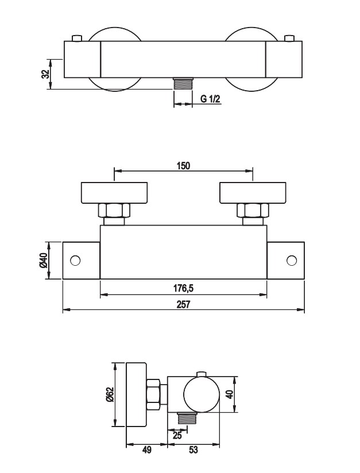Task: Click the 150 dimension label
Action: tap(184, 166)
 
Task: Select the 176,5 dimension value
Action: tap(183, 288)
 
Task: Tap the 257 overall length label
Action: tap(184, 304)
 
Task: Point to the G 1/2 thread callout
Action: tap(210, 99)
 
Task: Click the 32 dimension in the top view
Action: tap(45, 74)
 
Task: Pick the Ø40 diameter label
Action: tap(44, 261)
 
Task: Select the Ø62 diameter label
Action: tap(110, 394)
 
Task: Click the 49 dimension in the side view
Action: tap(146, 450)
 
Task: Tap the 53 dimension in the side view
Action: tap(193, 450)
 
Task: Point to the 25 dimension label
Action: tap(177, 436)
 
